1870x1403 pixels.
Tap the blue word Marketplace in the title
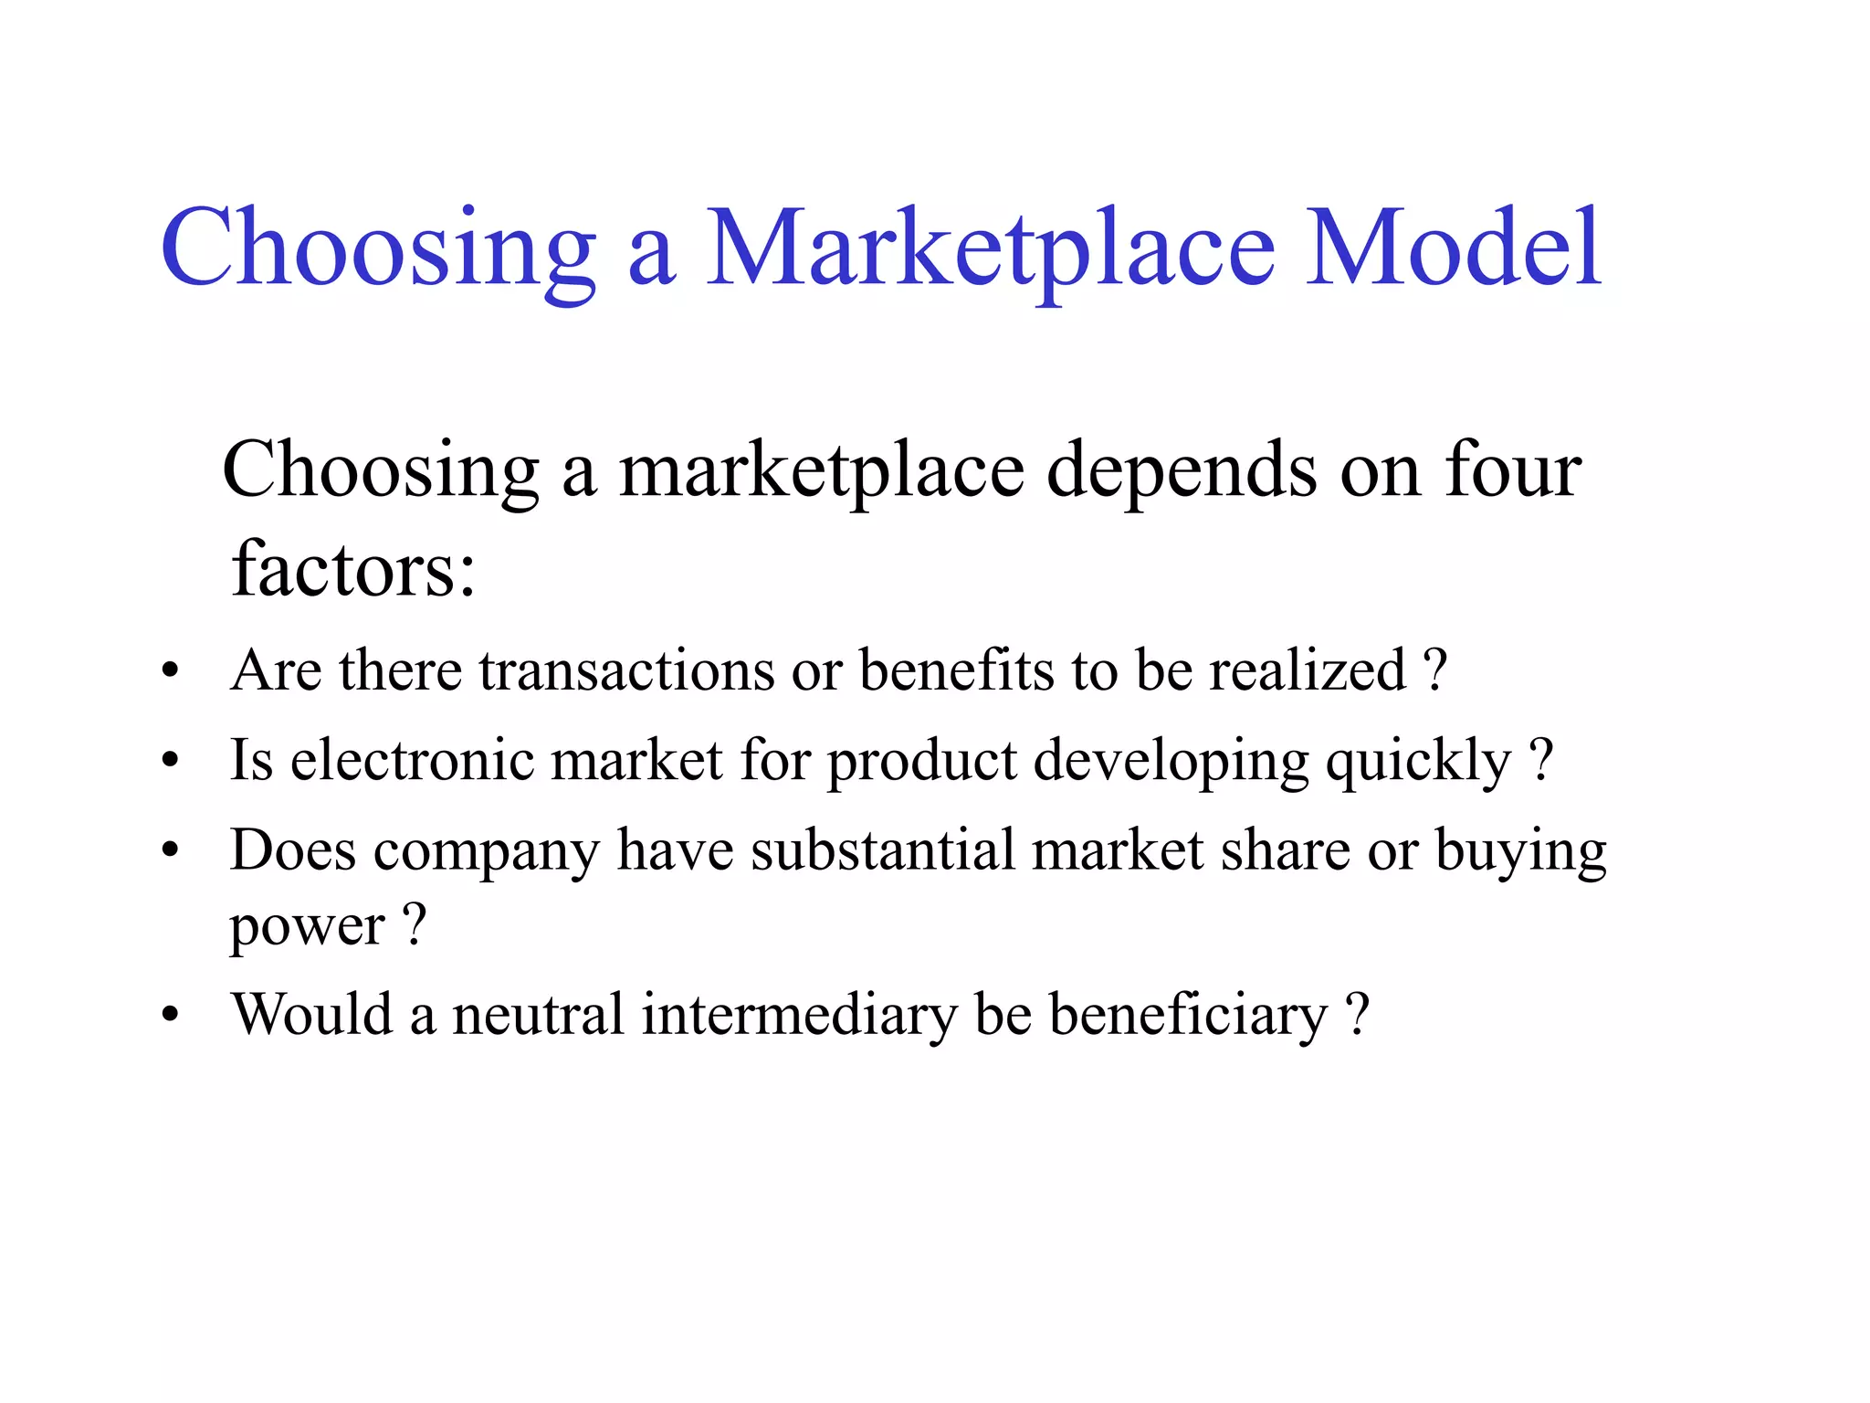pos(990,248)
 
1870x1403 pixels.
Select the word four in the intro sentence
pos(1513,469)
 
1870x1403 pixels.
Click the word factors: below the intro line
pos(353,568)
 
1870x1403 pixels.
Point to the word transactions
pos(626,670)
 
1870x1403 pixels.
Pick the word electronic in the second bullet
pos(412,760)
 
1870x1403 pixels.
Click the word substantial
pos(882,850)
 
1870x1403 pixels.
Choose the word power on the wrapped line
pos(307,928)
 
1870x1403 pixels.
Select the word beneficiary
pos(1188,1016)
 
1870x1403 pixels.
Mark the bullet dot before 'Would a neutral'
pos(170,1016)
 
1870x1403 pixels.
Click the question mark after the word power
pos(415,924)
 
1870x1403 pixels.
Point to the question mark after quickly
pos(1540,758)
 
